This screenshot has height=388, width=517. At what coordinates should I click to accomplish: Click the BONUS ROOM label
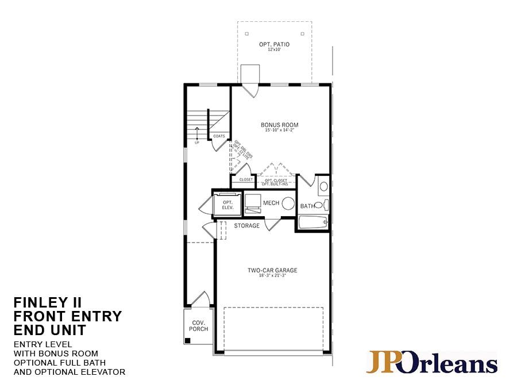point(279,125)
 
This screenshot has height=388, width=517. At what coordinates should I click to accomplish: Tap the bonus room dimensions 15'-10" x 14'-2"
point(279,130)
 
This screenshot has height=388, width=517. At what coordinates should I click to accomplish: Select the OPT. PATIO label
point(274,44)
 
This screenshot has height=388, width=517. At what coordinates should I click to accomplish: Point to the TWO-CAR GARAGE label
point(272,270)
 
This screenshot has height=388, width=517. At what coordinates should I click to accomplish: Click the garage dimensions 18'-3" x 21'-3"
point(272,276)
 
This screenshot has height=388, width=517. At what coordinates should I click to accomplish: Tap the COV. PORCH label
point(199,325)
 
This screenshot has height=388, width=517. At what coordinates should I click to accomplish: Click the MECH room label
point(271,203)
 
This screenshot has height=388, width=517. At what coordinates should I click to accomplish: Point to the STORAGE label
point(246,226)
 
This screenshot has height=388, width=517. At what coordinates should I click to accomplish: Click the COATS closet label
point(219,136)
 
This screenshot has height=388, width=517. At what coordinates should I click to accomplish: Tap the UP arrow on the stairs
point(196,133)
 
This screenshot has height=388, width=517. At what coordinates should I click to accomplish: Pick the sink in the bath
point(323,186)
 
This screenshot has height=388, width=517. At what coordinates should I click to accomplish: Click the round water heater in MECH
point(288,203)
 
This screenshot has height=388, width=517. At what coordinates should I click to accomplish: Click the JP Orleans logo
point(431,363)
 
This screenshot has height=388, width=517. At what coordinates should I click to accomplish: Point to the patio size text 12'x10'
point(274,50)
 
